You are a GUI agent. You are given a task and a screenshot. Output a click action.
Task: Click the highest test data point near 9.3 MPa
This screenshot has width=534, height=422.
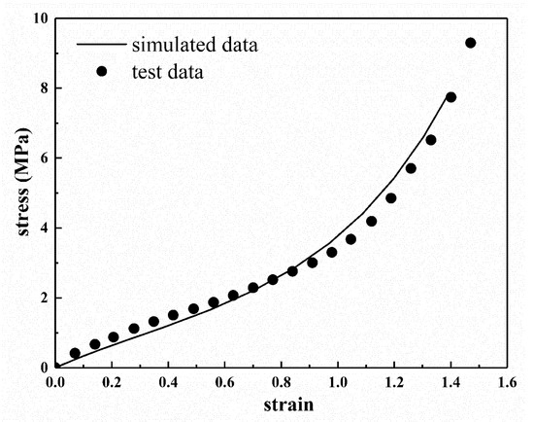(471, 43)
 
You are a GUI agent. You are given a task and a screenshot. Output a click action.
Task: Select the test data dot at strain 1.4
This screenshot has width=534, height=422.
(451, 97)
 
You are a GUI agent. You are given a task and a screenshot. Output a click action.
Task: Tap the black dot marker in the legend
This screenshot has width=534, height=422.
(100, 70)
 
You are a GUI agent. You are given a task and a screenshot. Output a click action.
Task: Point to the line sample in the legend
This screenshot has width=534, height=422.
(100, 44)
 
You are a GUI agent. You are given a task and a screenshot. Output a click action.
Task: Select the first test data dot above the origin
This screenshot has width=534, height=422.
(75, 353)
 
